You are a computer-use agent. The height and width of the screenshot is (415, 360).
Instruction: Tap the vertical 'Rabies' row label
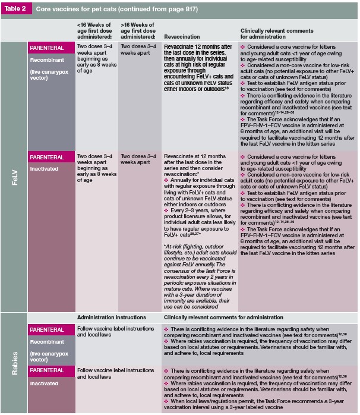pyautogui.click(x=15, y=361)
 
